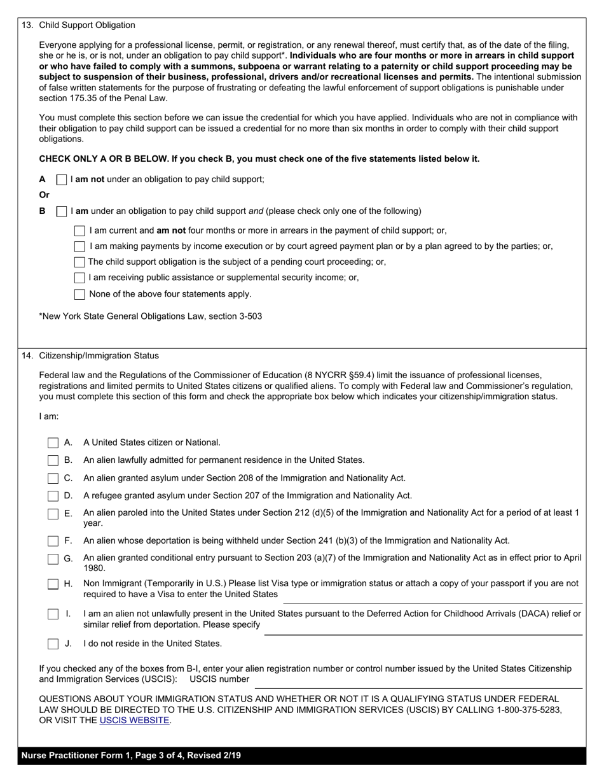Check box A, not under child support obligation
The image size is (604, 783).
pos(62,180)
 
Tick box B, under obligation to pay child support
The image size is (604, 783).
pos(62,211)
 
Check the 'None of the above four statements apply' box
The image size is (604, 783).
pos(79,294)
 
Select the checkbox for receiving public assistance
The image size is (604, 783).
pos(79,278)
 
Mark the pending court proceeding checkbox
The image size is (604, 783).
pos(79,262)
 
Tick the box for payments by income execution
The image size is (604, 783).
pos(79,246)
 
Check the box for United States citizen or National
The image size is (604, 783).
pos(53,443)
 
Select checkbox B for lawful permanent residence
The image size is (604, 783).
pos(53,460)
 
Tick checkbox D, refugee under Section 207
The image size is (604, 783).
pos(53,496)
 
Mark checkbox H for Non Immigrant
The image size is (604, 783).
pos(53,584)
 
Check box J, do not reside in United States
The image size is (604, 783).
pos(53,644)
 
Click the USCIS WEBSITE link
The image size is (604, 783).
pos(134,721)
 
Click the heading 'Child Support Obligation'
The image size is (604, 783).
pos(87,25)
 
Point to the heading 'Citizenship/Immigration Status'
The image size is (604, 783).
pos(99,356)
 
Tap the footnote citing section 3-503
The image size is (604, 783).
pos(151,316)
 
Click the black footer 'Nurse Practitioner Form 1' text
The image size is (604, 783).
pos(131,756)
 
